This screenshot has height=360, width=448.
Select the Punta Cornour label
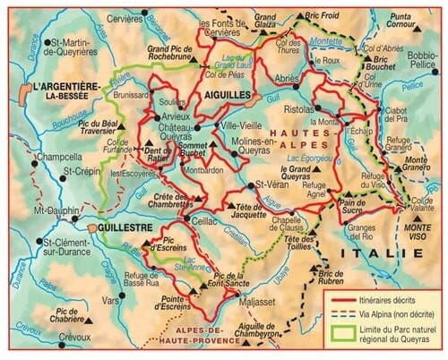[x=412, y=21]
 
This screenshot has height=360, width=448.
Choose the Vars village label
[x=110, y=301]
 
